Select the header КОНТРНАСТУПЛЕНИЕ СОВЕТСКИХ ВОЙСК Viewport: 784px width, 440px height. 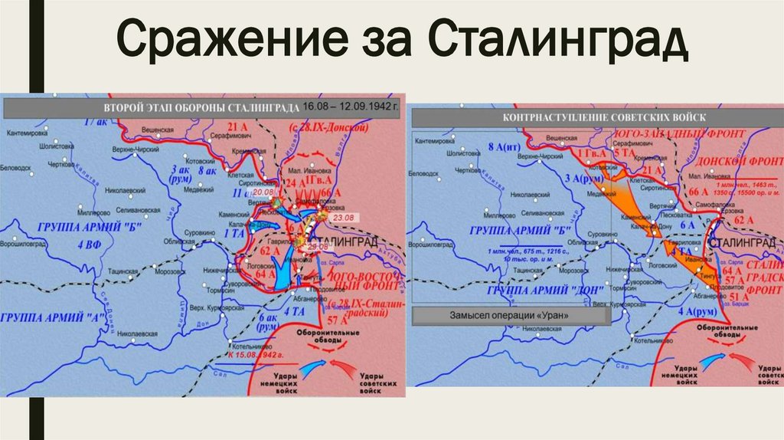[603, 117]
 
